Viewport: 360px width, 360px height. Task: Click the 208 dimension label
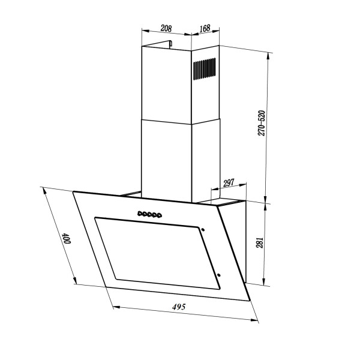[x=166, y=28]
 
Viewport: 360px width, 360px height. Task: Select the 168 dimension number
[x=205, y=28]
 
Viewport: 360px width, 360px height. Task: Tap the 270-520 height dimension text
[x=262, y=123]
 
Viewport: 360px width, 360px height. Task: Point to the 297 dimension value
[x=229, y=183]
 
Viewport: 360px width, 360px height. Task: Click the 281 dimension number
[x=259, y=242]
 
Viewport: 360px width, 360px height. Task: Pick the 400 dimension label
[x=67, y=239]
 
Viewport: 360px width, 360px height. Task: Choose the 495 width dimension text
[x=179, y=307]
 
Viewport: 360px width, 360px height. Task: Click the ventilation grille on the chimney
[x=204, y=68]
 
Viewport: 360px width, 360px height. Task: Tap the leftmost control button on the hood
[x=140, y=214]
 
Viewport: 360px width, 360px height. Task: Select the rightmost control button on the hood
[x=160, y=215]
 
